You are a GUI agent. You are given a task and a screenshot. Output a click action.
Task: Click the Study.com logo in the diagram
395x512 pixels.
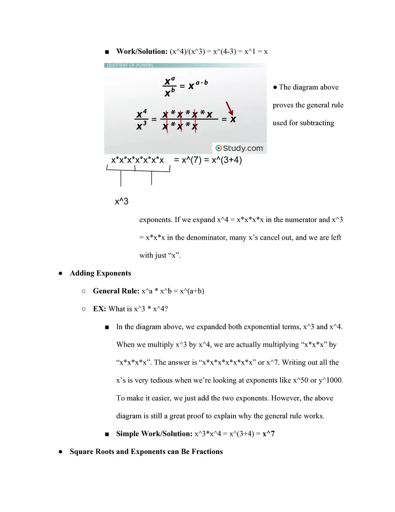239,148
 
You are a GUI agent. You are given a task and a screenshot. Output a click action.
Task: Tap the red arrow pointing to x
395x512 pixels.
230,108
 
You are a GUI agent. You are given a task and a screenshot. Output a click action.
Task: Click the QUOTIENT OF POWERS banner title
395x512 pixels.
129,65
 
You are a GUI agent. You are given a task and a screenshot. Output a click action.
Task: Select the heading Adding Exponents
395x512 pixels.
101,273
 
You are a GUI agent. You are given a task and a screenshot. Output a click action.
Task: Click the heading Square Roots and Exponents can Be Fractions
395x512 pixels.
146,451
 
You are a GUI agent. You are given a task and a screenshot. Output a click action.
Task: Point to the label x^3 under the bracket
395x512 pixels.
121,201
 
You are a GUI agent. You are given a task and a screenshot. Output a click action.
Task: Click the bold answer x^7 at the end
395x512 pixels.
268,434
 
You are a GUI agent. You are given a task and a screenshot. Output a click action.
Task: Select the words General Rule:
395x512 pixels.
116,291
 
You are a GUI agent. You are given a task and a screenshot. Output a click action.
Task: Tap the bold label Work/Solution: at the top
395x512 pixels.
142,51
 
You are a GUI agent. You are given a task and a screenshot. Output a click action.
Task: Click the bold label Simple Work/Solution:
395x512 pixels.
154,434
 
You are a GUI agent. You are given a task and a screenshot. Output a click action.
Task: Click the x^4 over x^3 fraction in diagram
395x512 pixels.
141,120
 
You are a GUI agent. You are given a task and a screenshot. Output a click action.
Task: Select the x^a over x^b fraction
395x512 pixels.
169,87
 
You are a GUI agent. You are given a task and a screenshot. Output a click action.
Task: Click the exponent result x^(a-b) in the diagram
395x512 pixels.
198,86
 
